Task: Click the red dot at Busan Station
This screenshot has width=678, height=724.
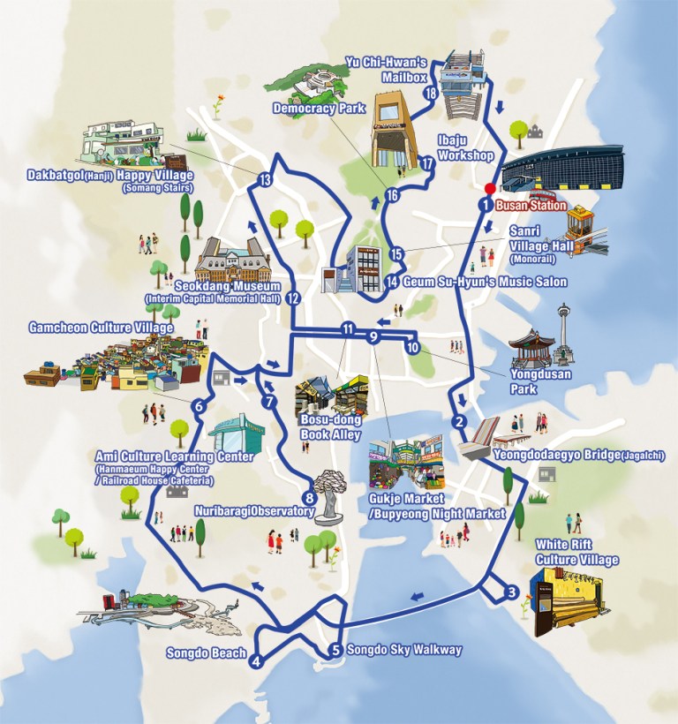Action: [x=489, y=188]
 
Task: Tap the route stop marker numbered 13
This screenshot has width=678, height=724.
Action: [x=264, y=180]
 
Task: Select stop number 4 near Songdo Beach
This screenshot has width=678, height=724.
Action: [x=256, y=661]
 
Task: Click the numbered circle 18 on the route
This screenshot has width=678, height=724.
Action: [x=431, y=93]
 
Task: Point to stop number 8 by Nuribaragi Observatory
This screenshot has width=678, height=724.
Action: [x=309, y=496]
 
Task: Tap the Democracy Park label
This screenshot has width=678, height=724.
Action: [x=307, y=109]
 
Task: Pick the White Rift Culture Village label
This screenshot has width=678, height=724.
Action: [x=576, y=552]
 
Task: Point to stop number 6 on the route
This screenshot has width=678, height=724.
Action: [x=199, y=406]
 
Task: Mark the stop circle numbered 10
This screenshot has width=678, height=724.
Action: [x=412, y=347]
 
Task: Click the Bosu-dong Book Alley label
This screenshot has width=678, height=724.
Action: [x=323, y=427]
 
